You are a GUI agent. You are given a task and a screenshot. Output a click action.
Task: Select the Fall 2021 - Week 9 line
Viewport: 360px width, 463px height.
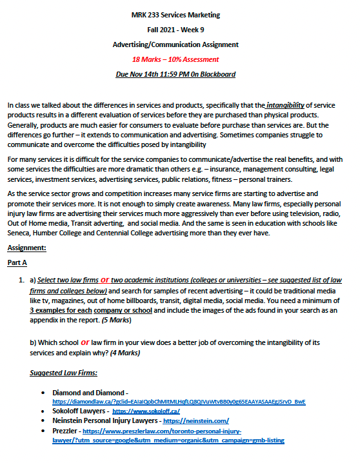[x=179, y=30]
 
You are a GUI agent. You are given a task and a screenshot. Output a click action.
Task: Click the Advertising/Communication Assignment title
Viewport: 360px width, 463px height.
[x=179, y=44]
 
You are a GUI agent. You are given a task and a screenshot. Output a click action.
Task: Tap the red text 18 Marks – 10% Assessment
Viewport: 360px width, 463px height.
[x=179, y=59]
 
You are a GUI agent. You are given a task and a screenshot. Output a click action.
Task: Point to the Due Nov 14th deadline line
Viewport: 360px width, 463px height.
[x=179, y=74]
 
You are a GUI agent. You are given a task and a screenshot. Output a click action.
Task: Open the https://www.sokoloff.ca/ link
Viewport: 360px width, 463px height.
[x=146, y=410]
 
